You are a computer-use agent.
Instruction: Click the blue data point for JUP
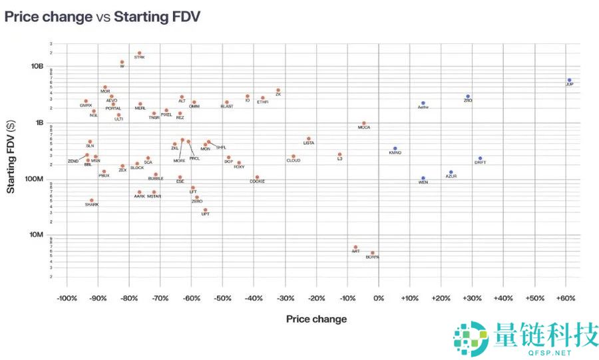click(569, 80)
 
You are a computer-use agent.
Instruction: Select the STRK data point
click(139, 53)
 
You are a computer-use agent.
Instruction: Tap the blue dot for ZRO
click(468, 96)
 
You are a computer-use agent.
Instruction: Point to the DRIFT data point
click(480, 158)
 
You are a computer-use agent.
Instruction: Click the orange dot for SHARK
click(92, 200)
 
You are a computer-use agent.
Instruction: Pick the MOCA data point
click(363, 123)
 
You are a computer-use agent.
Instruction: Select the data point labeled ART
click(355, 247)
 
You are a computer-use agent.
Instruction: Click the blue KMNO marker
click(395, 149)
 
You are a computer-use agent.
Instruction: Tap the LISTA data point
click(309, 139)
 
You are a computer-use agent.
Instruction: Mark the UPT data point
click(205, 210)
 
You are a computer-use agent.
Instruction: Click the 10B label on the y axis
click(37, 67)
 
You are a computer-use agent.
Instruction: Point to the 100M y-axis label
click(35, 178)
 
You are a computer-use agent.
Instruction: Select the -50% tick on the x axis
click(222, 298)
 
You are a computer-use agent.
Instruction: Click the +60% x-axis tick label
click(566, 298)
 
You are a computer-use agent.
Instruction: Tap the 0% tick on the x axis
click(379, 298)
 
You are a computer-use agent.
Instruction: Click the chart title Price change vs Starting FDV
click(102, 17)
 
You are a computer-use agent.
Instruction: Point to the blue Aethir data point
click(423, 103)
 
